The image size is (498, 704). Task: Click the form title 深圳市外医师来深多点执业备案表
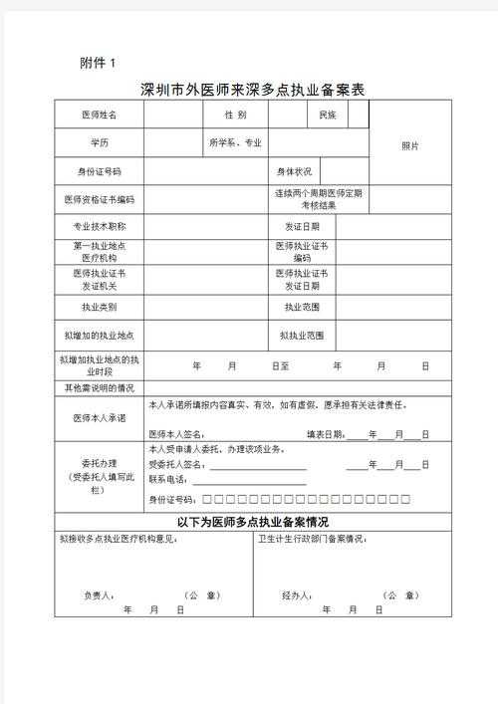click(x=253, y=90)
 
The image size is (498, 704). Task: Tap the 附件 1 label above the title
click(x=98, y=63)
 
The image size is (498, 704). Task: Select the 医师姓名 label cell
click(x=99, y=116)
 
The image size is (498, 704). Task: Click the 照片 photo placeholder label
click(x=410, y=145)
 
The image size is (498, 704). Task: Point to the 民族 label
click(x=327, y=116)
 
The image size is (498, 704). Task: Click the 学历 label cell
click(x=99, y=143)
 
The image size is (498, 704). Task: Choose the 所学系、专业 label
click(x=235, y=143)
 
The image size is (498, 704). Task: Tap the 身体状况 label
click(x=294, y=171)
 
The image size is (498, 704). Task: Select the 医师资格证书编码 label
click(x=99, y=199)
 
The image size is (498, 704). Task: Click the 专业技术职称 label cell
click(x=99, y=226)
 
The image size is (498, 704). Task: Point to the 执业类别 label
click(x=99, y=306)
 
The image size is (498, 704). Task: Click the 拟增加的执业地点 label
click(x=99, y=335)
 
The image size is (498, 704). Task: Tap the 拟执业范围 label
click(x=301, y=335)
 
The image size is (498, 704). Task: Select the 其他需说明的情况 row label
click(x=99, y=386)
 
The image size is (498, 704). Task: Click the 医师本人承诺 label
click(x=99, y=418)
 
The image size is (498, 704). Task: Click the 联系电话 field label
click(x=168, y=479)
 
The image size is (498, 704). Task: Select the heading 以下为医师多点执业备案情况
click(x=253, y=521)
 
